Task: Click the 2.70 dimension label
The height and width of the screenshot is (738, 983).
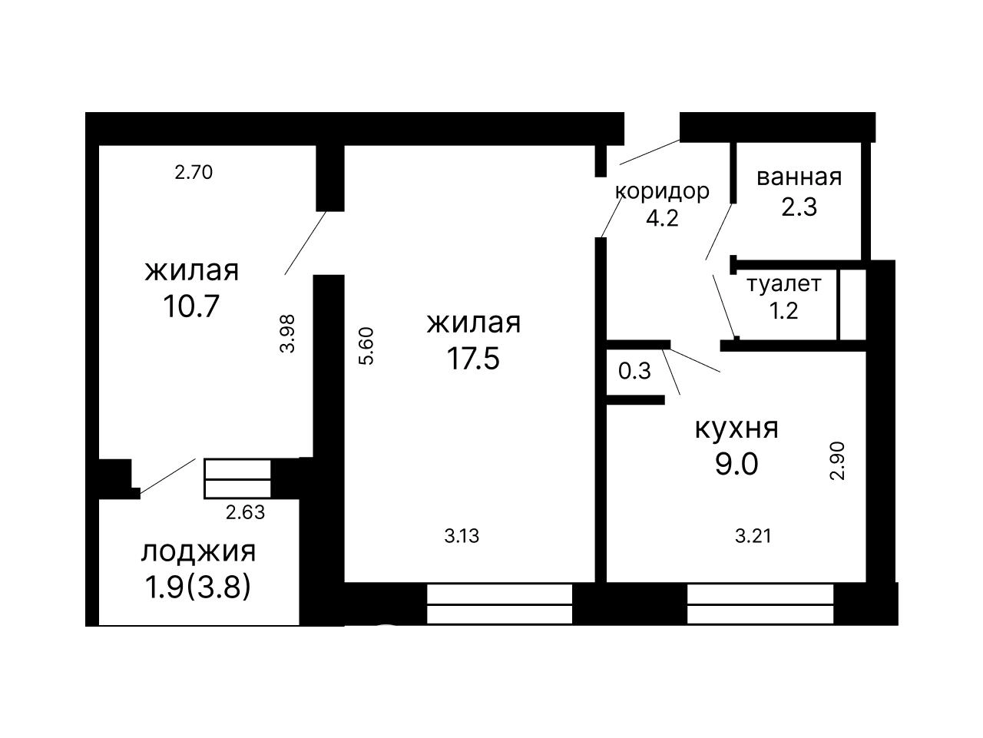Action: coord(194,173)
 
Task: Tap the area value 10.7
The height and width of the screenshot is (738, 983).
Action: coord(191,306)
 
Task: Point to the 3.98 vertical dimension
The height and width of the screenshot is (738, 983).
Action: coord(287,333)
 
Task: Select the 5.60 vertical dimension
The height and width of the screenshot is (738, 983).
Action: coord(366,346)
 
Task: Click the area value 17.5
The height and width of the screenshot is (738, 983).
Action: coord(473,359)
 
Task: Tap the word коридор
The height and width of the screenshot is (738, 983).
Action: coord(662,191)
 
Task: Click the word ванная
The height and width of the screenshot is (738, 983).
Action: coord(799,177)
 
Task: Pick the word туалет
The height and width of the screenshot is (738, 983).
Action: coord(784,284)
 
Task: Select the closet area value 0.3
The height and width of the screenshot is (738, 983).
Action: coord(634,371)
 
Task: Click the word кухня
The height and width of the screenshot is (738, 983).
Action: coord(736,428)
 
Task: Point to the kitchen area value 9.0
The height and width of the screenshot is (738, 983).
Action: coord(736,464)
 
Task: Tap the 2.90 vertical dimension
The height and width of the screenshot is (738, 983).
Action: coord(836,461)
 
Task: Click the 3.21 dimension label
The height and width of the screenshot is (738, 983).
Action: coord(753,536)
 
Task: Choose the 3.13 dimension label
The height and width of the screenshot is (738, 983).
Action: coord(462,536)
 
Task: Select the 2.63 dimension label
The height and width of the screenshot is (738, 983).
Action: coord(246,512)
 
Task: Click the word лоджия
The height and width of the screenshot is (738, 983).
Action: coord(198,552)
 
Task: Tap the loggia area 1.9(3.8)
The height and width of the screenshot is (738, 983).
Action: coord(197,587)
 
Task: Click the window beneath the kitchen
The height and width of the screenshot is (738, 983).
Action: coord(760,604)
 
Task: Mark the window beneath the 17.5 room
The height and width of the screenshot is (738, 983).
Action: coord(499,604)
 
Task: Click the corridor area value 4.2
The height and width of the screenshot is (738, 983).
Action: coord(662,218)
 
